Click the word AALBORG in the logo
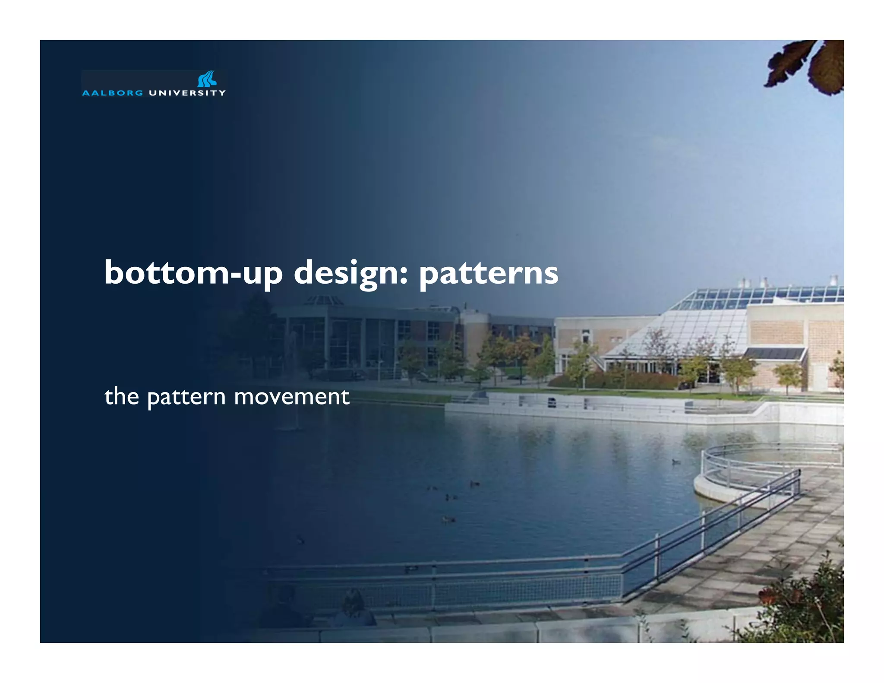[112, 93]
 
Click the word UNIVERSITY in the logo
[187, 93]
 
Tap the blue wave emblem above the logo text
[207, 79]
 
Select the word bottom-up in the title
[193, 273]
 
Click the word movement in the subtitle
[291, 396]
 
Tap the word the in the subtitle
[122, 396]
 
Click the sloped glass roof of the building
[691, 328]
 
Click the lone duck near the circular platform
[676, 462]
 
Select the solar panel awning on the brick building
[775, 353]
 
